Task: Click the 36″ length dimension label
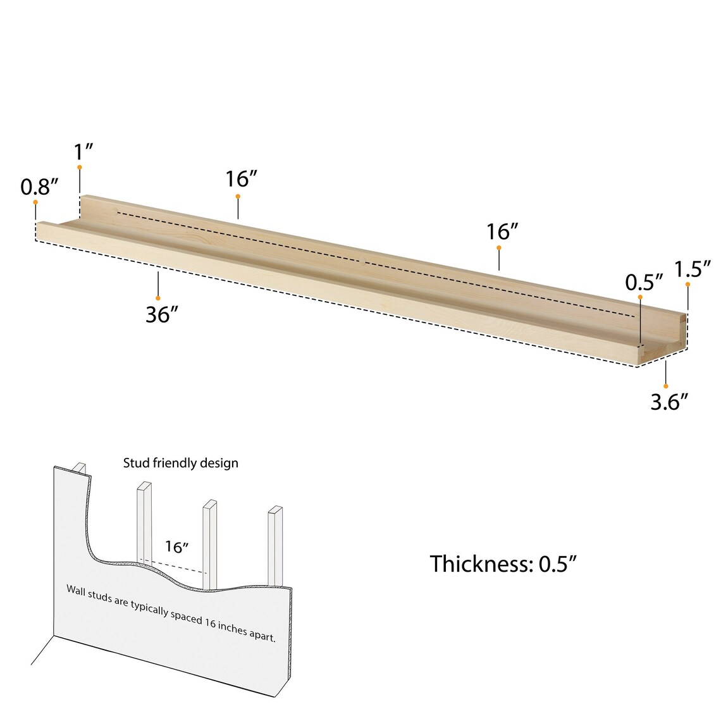tap(161, 314)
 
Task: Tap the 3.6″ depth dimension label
tap(669, 401)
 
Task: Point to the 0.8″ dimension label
tap(39, 187)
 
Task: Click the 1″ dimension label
tap(83, 152)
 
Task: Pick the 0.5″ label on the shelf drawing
tap(644, 282)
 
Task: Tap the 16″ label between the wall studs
tap(177, 547)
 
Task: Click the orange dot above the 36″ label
tap(158, 298)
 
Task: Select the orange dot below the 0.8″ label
tap(35, 202)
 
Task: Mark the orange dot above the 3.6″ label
tap(666, 386)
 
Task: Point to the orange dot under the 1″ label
tap(80, 167)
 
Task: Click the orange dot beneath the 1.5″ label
tap(688, 285)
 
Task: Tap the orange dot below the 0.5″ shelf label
tap(640, 297)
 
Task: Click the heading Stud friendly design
tap(180, 463)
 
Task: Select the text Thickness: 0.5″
tap(503, 564)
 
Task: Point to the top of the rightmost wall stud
tap(274, 510)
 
